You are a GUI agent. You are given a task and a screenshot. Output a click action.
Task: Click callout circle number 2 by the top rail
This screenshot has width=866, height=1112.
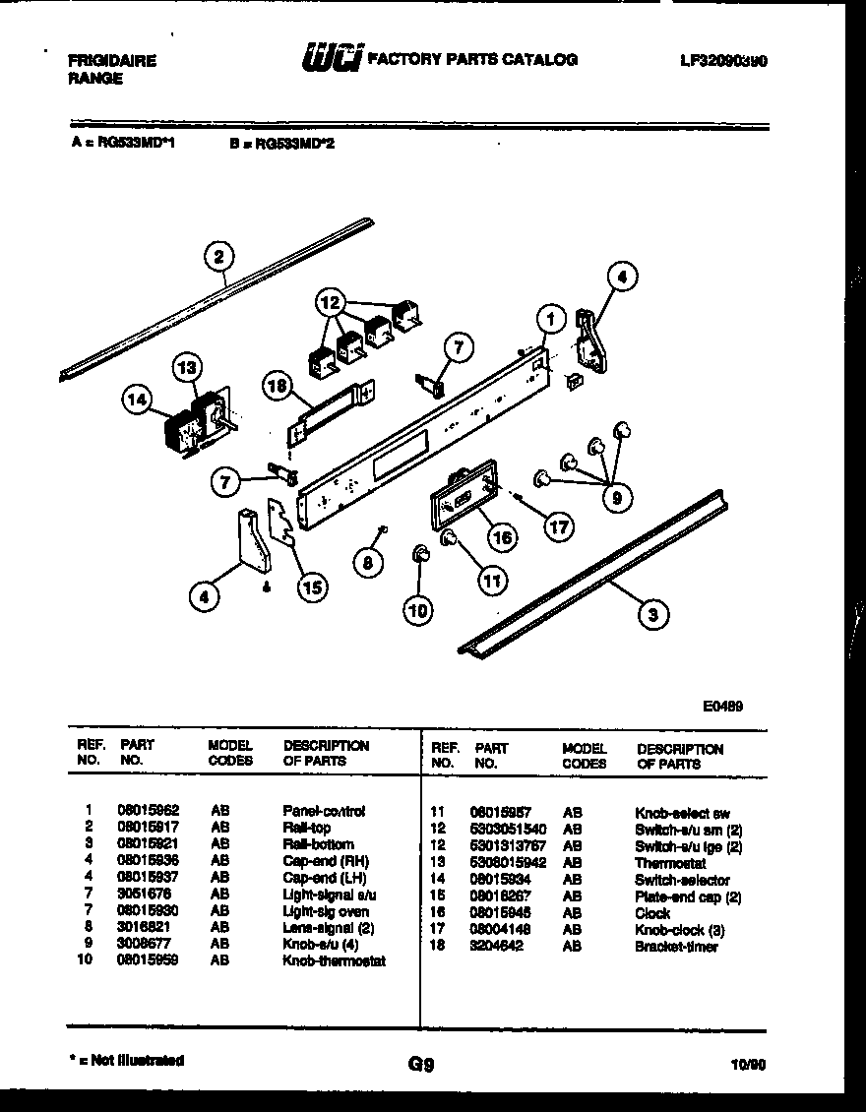[218, 258]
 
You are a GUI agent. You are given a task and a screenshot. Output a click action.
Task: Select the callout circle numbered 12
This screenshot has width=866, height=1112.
[332, 303]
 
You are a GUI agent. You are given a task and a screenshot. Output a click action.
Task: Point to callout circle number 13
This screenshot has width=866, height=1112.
[186, 367]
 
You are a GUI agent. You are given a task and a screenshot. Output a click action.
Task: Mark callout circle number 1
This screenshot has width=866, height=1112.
[552, 319]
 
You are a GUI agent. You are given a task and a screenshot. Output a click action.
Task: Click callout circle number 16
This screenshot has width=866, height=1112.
[502, 537]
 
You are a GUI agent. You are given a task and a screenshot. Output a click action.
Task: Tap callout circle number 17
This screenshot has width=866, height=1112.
[558, 526]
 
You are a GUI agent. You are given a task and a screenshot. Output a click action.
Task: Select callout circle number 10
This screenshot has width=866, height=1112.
[418, 610]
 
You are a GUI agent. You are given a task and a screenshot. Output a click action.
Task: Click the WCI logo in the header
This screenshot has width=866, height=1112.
[331, 59]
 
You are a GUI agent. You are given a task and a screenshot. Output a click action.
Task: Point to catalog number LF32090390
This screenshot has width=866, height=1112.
[722, 60]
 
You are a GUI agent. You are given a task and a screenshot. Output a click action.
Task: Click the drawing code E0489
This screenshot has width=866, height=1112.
[722, 706]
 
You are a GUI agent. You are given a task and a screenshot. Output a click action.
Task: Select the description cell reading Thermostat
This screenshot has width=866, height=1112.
[670, 863]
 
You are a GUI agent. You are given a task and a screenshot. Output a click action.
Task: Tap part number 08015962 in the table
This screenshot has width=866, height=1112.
[148, 811]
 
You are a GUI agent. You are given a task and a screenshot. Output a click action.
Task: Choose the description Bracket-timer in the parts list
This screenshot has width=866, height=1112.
[676, 947]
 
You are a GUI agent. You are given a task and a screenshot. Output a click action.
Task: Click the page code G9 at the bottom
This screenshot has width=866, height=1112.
[420, 1064]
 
